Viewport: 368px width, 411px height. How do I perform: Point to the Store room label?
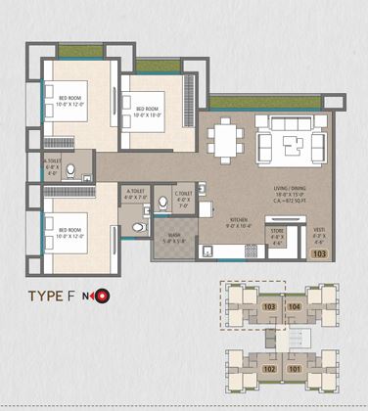(276, 235)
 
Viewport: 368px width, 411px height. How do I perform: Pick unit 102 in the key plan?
(269, 370)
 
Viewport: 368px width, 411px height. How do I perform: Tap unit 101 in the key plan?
(296, 370)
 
